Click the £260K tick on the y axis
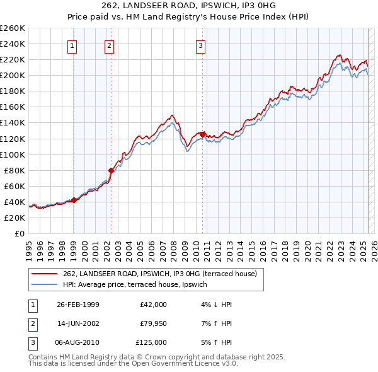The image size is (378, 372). [13, 28]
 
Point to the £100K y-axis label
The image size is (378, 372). [13, 154]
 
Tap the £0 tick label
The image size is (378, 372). [20, 233]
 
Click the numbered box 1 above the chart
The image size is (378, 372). [72, 45]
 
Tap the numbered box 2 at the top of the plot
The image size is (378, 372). [109, 45]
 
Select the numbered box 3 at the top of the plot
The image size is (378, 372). [200, 45]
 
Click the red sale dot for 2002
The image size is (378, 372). [112, 170]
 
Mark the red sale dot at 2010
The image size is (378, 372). [202, 134]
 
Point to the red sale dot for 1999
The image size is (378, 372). [74, 200]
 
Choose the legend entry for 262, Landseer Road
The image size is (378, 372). [159, 274]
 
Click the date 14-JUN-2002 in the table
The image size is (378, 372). [78, 323]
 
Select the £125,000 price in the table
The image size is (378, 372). [151, 342]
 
